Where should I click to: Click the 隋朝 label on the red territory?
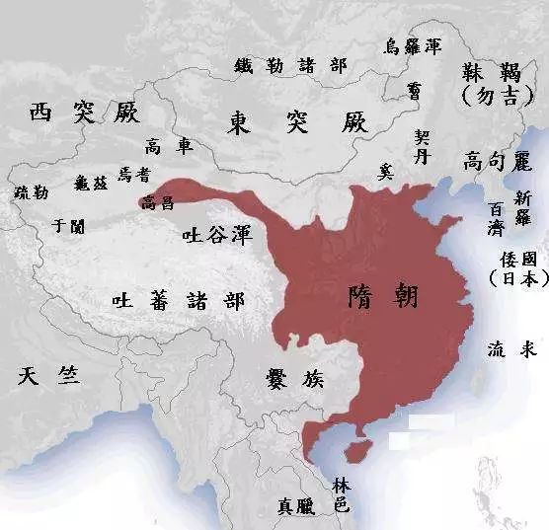click(384, 295)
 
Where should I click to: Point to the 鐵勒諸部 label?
click(291, 65)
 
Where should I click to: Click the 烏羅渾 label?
click(411, 46)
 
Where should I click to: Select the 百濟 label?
click(495, 218)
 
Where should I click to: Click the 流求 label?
click(510, 349)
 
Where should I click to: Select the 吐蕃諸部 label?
click(178, 300)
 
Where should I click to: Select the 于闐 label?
click(68, 226)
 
